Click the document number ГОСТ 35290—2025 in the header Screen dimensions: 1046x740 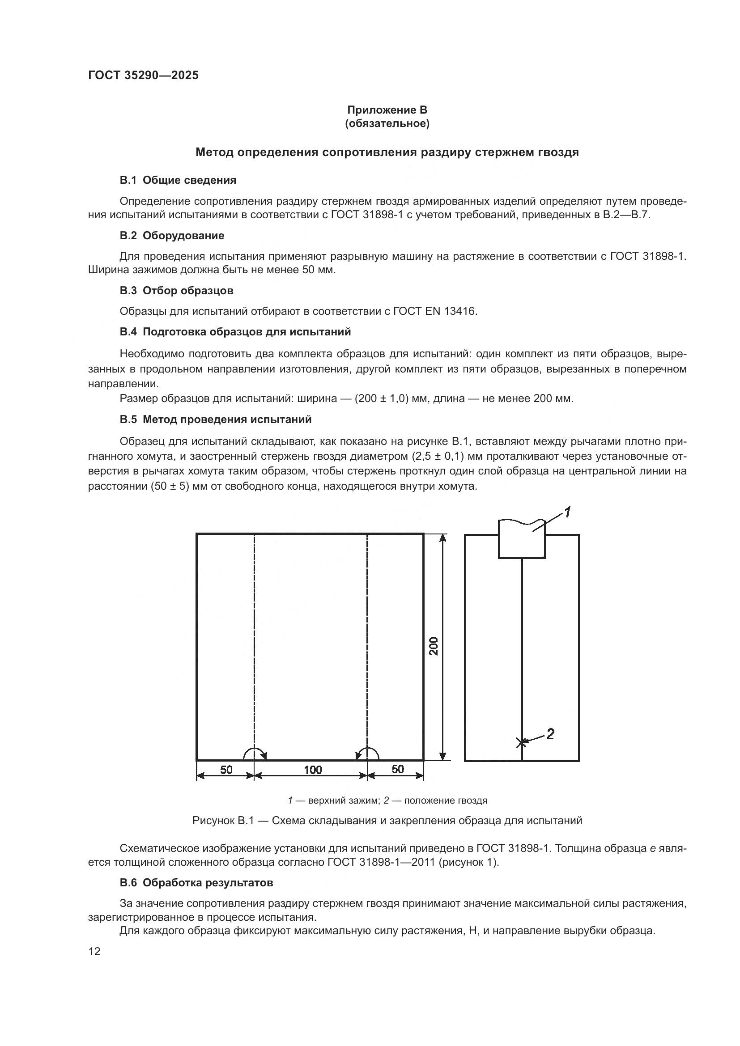[x=143, y=75]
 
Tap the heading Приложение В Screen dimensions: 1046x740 [x=387, y=110]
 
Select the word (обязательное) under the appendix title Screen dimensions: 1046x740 [x=387, y=124]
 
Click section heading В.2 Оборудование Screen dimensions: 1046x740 [x=172, y=236]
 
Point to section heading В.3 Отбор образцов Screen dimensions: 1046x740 [x=176, y=291]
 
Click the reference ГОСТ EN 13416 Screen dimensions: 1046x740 [x=435, y=311]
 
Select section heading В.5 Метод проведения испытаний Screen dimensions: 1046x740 [x=216, y=419]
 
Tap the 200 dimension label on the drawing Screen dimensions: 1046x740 [x=434, y=646]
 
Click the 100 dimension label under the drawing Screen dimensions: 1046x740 [x=313, y=770]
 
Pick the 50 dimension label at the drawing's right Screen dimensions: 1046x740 [x=397, y=769]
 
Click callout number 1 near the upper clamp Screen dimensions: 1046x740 [x=567, y=512]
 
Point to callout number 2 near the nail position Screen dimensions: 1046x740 [x=550, y=734]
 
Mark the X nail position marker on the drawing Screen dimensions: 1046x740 [x=521, y=743]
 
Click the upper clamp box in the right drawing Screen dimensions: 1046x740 [x=521, y=540]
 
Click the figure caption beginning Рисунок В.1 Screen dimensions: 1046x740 [x=387, y=821]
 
